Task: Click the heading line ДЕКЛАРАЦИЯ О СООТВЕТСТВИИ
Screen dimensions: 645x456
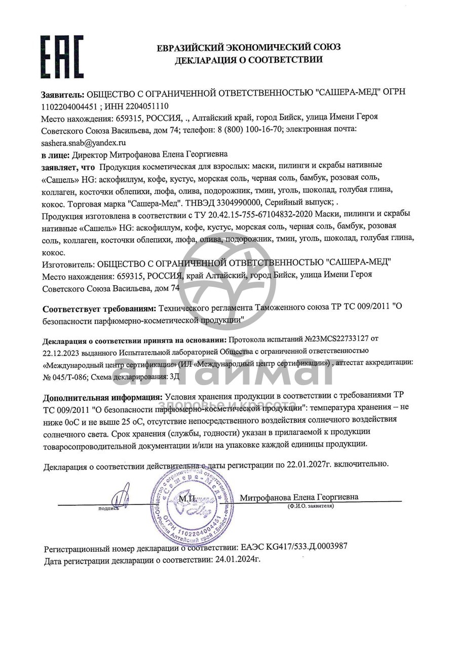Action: [248, 60]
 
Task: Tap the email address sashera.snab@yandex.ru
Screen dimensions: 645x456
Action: [84, 143]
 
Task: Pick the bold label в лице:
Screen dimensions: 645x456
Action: [55, 154]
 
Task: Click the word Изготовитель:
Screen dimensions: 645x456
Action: [68, 262]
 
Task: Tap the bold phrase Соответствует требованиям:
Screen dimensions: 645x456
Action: [99, 308]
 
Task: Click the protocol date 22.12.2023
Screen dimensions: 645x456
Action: [60, 351]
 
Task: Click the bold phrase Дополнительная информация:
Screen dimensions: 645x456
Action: [103, 396]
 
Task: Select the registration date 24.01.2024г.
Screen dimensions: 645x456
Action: [237, 560]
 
